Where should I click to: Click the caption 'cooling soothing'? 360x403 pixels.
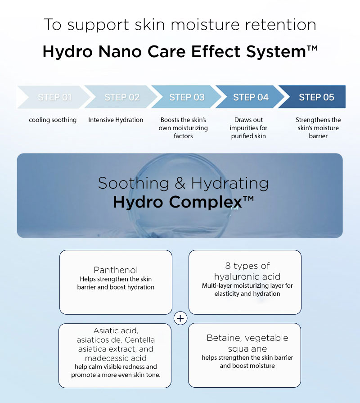[x=53, y=120]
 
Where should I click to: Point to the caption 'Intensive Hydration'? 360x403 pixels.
[x=116, y=120]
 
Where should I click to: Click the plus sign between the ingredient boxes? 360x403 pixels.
[x=180, y=318]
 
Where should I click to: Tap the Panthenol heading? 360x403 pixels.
[x=116, y=270]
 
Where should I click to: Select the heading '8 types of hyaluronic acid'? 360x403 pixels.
[x=247, y=271]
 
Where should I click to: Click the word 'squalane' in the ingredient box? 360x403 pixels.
[x=247, y=349]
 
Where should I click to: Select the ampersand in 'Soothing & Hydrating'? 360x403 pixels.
[x=179, y=183]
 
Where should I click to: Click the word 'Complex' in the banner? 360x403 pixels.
[x=205, y=202]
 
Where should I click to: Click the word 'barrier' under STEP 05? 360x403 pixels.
[x=318, y=136]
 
